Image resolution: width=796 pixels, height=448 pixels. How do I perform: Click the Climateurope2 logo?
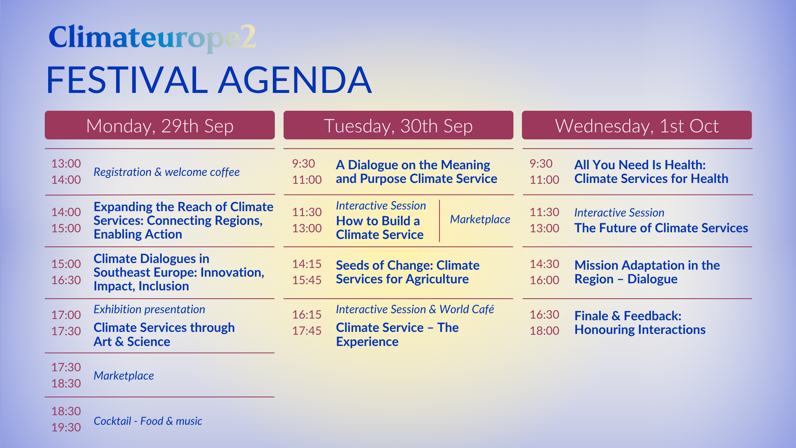[152, 38]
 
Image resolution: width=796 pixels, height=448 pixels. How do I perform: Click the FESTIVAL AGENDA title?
[209, 80]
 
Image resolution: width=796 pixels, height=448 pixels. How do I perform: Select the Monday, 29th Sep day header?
[160, 125]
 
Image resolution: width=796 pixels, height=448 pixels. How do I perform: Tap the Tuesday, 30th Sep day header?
[398, 125]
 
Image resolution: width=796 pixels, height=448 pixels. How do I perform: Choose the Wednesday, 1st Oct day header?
[637, 125]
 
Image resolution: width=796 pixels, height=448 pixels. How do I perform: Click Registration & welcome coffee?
[167, 172]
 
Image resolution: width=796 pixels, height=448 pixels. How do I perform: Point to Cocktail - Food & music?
[148, 421]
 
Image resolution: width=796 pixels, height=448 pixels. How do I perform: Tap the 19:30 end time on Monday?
[66, 427]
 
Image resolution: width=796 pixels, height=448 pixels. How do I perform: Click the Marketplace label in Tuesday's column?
[480, 219]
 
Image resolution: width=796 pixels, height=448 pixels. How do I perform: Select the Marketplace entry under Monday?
[124, 375]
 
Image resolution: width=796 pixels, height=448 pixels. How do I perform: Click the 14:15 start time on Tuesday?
[307, 264]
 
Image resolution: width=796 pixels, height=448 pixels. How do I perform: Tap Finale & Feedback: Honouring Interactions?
[640, 323]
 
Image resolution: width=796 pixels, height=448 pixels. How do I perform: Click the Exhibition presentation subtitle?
[149, 309]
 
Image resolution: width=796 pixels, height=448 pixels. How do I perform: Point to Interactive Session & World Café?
[415, 309]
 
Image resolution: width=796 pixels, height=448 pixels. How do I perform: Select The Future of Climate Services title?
[661, 228]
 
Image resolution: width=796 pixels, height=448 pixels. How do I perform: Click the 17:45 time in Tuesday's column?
[307, 331]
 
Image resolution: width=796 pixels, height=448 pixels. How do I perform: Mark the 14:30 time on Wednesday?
[544, 264]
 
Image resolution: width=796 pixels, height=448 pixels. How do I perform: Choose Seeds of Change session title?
[408, 272]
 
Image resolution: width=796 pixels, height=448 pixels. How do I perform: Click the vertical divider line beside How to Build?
[439, 221]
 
